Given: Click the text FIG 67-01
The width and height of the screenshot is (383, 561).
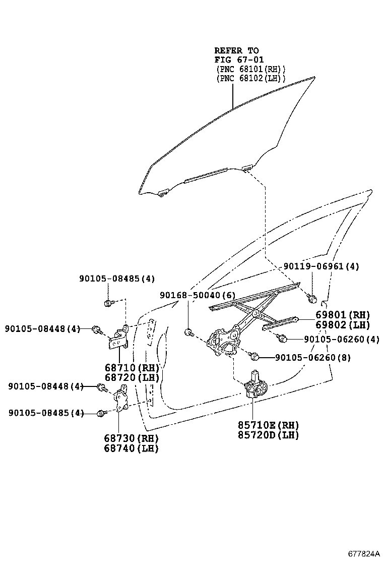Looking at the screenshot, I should [x=239, y=60].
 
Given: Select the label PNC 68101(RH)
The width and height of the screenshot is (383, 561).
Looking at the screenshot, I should [x=250, y=69].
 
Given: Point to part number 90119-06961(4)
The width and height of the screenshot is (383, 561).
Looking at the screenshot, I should [x=321, y=266].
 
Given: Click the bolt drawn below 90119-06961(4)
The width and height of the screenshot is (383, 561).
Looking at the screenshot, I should [x=312, y=299].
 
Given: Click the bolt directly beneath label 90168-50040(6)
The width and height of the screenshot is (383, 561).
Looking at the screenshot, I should [x=188, y=332].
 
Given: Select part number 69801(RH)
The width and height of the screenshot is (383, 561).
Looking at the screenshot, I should [x=343, y=315].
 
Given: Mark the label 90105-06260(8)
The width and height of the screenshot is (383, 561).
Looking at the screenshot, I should [x=312, y=358].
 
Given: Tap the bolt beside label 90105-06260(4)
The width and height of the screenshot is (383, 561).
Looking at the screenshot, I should [x=281, y=338].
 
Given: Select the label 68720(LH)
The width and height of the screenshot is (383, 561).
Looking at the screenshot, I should [x=132, y=377].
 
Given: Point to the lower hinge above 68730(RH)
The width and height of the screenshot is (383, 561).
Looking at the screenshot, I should [x=121, y=400].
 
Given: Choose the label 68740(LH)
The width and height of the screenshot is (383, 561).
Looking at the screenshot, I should [x=132, y=448].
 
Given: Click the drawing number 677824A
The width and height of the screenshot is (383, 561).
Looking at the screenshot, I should [x=363, y=553].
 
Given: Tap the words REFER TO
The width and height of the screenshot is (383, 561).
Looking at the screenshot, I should [x=236, y=50].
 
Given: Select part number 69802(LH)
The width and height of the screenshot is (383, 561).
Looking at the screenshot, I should [x=343, y=325].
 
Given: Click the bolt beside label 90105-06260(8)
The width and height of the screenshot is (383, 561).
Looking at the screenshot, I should [x=254, y=356].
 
